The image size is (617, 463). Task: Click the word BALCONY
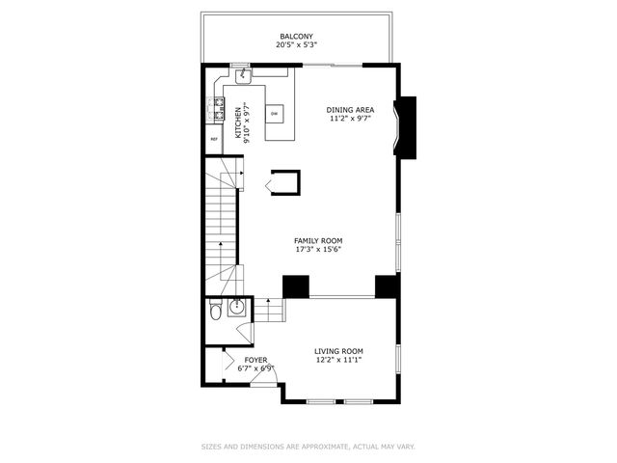296,36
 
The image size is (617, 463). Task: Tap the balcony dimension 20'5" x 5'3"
296,44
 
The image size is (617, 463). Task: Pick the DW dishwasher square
275,114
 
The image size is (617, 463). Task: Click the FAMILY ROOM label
318,241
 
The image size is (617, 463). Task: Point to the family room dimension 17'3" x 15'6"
318,250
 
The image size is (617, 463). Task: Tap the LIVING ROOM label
337,351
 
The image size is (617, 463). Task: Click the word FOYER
255,360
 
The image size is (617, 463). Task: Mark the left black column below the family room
295,286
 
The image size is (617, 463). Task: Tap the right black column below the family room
387,286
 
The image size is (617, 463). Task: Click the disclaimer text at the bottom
308,447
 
